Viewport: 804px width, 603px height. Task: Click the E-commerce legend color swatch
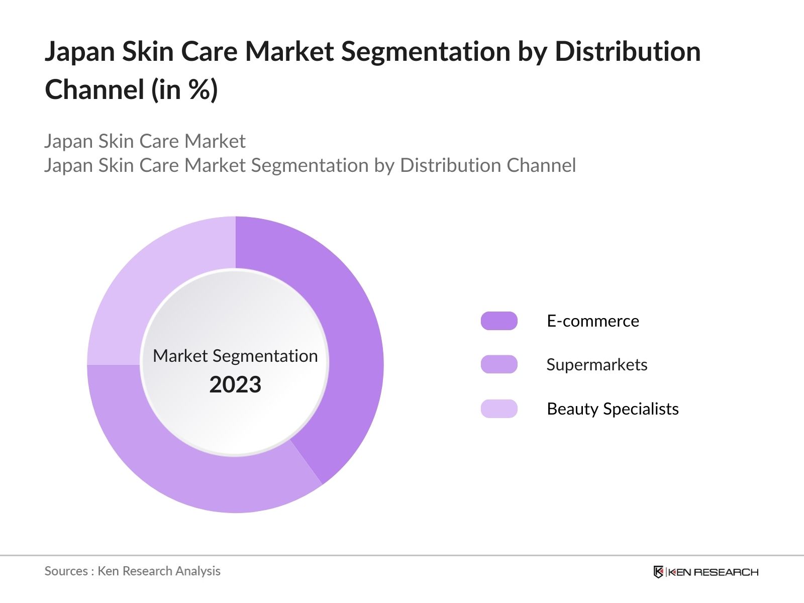[499, 321]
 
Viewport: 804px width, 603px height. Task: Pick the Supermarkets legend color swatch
[499, 364]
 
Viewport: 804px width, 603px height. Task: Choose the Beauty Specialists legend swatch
[499, 409]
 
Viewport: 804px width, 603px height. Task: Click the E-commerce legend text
[592, 321]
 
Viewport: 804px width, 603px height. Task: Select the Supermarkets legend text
[596, 364]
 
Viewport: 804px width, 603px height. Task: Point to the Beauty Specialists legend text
[612, 409]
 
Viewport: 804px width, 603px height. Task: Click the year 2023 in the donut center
[235, 384]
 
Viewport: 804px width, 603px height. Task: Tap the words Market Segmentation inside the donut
[235, 356]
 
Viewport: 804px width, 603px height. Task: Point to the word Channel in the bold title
[94, 90]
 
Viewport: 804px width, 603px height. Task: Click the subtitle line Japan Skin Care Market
[145, 141]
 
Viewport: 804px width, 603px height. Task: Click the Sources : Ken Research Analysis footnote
[132, 571]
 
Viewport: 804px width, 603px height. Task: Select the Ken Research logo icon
[658, 572]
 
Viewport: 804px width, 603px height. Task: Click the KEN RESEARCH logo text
[713, 572]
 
